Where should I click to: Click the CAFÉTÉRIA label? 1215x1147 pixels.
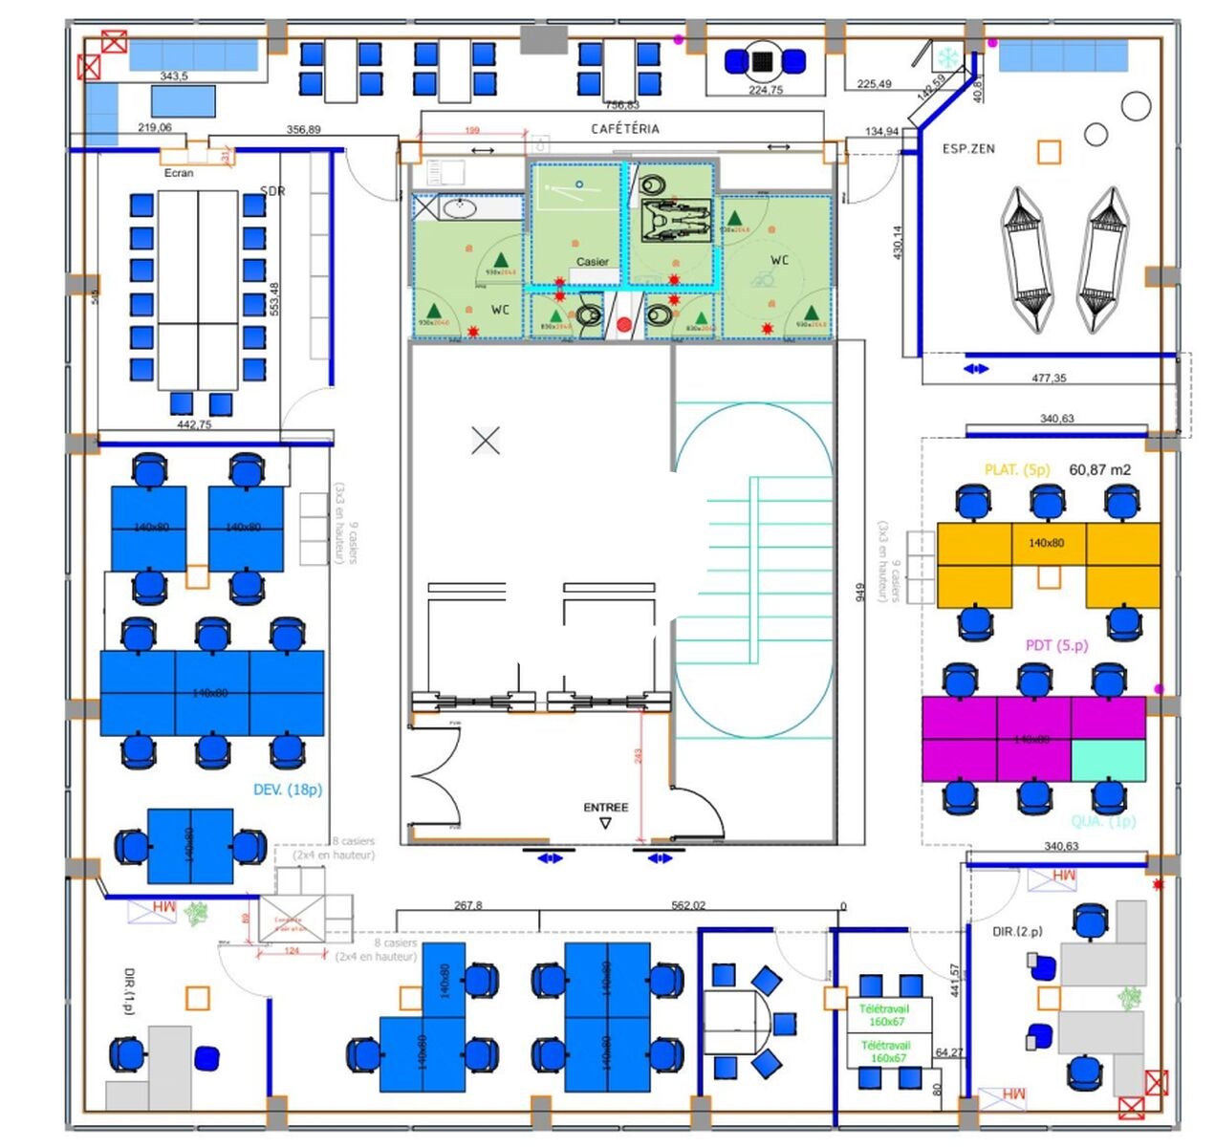[x=625, y=128]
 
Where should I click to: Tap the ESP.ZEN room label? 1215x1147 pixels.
[x=968, y=149]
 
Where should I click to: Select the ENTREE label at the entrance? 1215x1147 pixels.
[x=606, y=808]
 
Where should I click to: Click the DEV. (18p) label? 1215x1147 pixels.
[x=288, y=790]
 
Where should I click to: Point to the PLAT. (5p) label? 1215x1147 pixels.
[x=1017, y=470]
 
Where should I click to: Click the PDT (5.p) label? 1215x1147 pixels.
[x=1056, y=645]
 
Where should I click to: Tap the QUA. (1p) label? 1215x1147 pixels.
[x=1103, y=821]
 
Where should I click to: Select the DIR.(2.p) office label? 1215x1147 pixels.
[x=1017, y=931]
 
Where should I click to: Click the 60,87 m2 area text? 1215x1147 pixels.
[x=1099, y=470]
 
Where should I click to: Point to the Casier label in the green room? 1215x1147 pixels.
[x=592, y=261]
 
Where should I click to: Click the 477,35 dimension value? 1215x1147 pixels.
[x=1049, y=379]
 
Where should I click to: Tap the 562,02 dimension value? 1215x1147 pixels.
[x=688, y=905]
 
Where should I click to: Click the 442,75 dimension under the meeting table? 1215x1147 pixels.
[x=194, y=424]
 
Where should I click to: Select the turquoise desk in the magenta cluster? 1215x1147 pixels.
[x=1108, y=760]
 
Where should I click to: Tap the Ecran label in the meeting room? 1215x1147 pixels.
[x=179, y=173]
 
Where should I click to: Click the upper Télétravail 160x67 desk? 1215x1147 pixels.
[x=884, y=1015]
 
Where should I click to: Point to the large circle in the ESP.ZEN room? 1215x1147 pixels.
[x=1136, y=106]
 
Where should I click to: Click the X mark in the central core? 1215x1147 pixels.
[x=486, y=441]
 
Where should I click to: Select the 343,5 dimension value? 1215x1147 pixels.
[x=174, y=76]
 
